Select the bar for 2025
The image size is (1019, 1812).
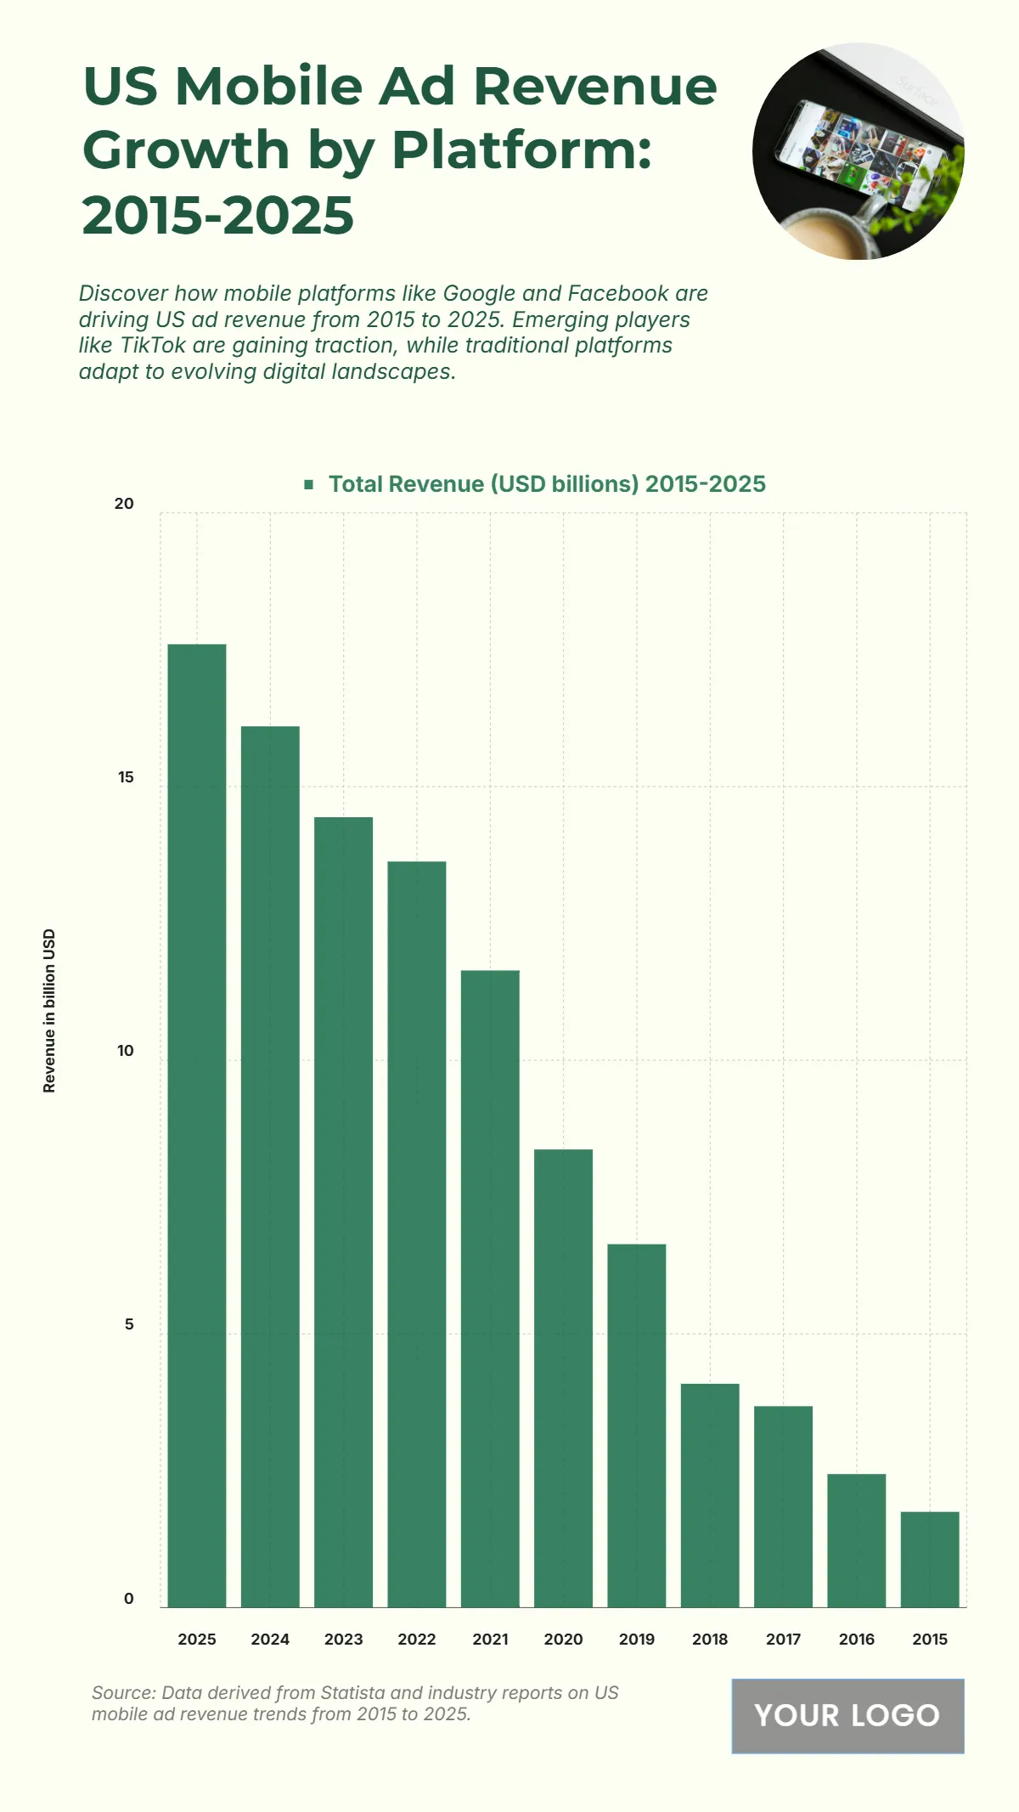[197, 1125]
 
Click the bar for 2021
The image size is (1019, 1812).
[490, 1288]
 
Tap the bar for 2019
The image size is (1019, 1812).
[637, 1425]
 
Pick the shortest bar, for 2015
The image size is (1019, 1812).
[930, 1559]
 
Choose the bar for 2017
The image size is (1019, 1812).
[783, 1506]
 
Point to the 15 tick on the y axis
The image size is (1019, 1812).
[126, 777]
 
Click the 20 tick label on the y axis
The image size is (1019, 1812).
[124, 504]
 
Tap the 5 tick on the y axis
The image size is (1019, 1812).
[129, 1324]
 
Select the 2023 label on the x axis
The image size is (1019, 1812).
[343, 1640]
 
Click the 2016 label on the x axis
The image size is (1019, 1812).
[856, 1640]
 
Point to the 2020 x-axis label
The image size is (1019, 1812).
[563, 1640]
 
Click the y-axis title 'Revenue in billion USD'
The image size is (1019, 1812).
[49, 1010]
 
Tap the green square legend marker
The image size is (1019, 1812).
[309, 484]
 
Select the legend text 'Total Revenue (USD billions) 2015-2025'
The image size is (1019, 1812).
[547, 484]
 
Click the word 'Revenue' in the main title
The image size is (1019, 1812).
[594, 87]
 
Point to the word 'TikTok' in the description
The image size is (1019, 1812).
[153, 346]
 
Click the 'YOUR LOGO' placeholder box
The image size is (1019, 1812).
[847, 1715]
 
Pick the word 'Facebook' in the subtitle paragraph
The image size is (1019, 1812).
[618, 294]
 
